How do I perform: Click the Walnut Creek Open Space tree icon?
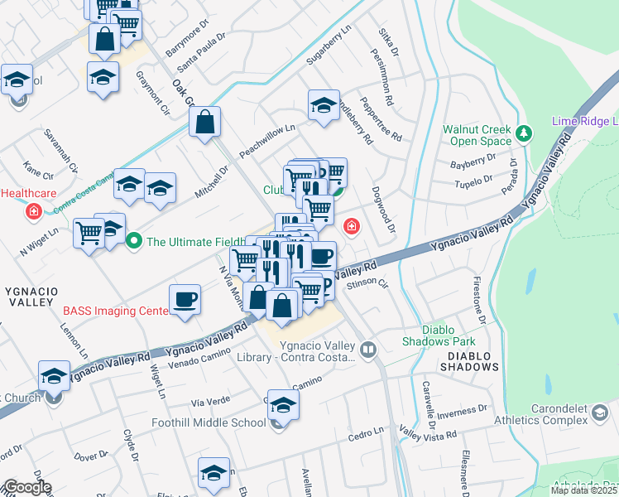522,133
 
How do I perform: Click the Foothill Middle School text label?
209,422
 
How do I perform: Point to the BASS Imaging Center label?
114,311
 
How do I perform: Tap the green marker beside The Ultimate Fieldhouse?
135,242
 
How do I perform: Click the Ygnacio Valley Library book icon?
368,350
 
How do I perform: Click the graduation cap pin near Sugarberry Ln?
324,104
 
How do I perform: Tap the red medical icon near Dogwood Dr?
352,226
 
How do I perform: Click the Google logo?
27,487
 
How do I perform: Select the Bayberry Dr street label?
473,160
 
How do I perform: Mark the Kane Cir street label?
38,171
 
